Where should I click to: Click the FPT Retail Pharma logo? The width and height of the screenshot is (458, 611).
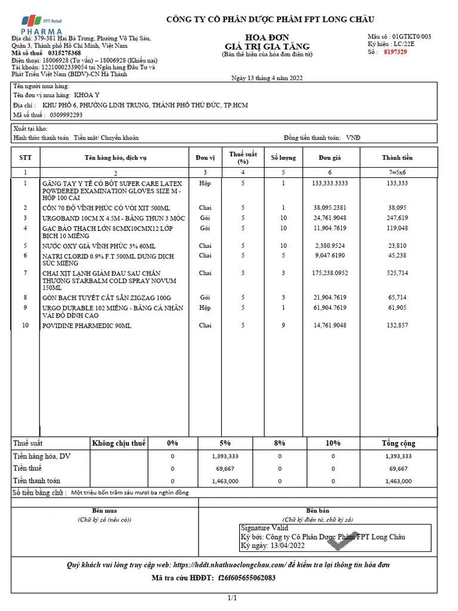point(36,24)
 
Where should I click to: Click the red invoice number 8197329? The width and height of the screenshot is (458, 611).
point(395,52)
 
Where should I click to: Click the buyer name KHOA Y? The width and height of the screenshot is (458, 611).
point(87,95)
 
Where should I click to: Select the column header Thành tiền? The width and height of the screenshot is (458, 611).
point(397,158)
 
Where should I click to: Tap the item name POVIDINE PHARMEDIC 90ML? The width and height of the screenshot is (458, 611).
point(86,326)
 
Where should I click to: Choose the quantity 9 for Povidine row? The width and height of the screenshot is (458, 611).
point(283,326)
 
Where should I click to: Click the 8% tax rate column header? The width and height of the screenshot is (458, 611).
point(280,443)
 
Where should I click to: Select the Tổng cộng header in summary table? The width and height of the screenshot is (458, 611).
point(398,443)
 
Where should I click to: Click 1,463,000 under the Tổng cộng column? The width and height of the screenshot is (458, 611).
point(398,481)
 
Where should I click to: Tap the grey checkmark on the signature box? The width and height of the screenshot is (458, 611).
point(347,538)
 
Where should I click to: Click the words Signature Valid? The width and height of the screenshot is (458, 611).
point(264,528)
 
